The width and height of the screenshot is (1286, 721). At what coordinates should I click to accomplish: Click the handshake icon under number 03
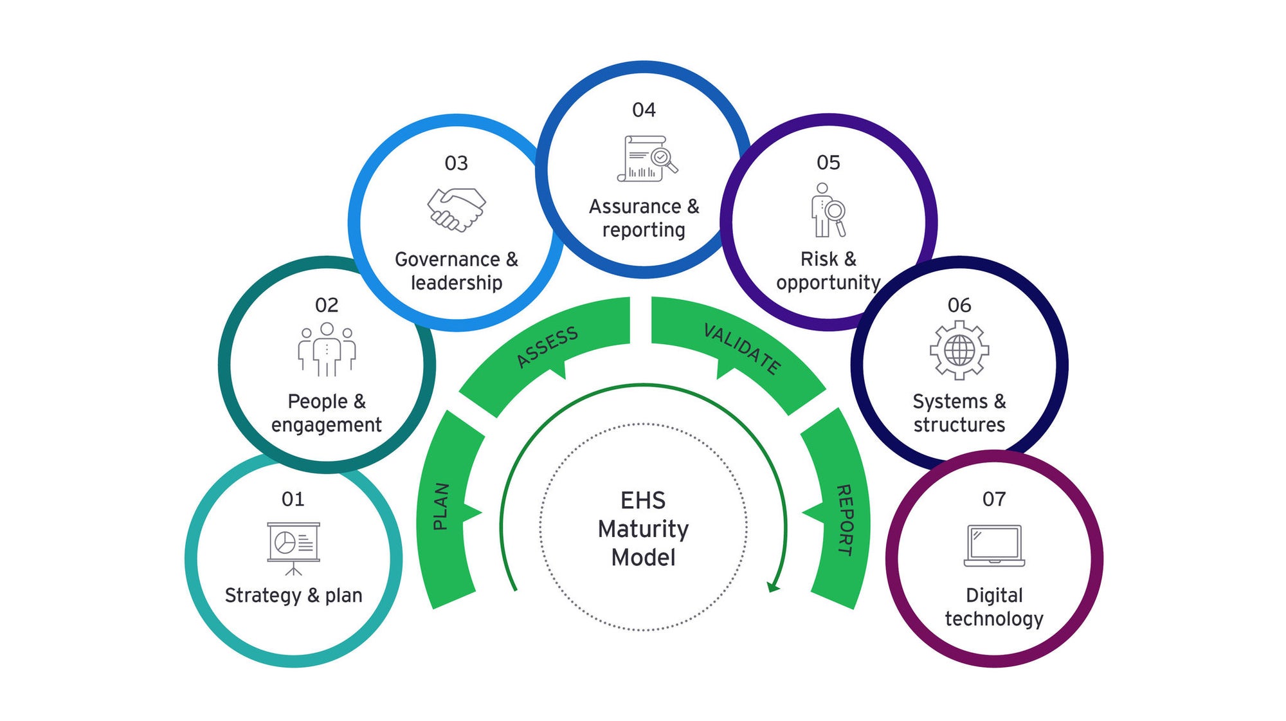click(x=457, y=209)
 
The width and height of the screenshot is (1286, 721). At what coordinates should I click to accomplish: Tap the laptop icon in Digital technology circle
click(x=994, y=545)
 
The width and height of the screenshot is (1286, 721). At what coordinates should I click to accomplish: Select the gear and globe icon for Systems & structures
click(x=959, y=351)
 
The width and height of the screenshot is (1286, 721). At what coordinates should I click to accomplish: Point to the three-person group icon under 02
click(x=327, y=349)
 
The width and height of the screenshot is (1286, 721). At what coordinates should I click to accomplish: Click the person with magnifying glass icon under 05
click(x=828, y=210)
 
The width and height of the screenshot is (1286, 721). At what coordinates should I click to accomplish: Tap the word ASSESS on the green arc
click(x=547, y=347)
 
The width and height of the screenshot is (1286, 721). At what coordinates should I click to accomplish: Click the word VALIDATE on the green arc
click(x=742, y=348)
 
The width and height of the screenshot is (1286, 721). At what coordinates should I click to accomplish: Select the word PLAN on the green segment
click(x=440, y=506)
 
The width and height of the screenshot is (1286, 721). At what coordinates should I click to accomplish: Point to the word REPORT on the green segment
click(x=845, y=520)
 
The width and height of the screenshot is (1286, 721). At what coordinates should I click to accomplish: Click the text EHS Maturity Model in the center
click(x=643, y=529)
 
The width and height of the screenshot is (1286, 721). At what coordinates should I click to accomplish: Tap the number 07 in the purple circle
click(x=994, y=499)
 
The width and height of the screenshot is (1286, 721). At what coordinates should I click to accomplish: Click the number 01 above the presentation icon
click(x=293, y=499)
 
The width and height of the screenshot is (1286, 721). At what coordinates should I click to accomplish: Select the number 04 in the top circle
click(x=644, y=110)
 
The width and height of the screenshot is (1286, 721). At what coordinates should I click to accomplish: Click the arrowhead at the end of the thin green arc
click(x=773, y=587)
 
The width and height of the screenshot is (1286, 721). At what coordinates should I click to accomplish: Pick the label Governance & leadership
click(x=457, y=271)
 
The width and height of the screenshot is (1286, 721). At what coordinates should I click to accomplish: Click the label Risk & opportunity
click(x=828, y=271)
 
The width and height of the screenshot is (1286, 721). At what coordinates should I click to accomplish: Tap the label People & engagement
click(x=327, y=413)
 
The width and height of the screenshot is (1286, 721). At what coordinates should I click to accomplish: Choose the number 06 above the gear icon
click(x=959, y=306)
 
